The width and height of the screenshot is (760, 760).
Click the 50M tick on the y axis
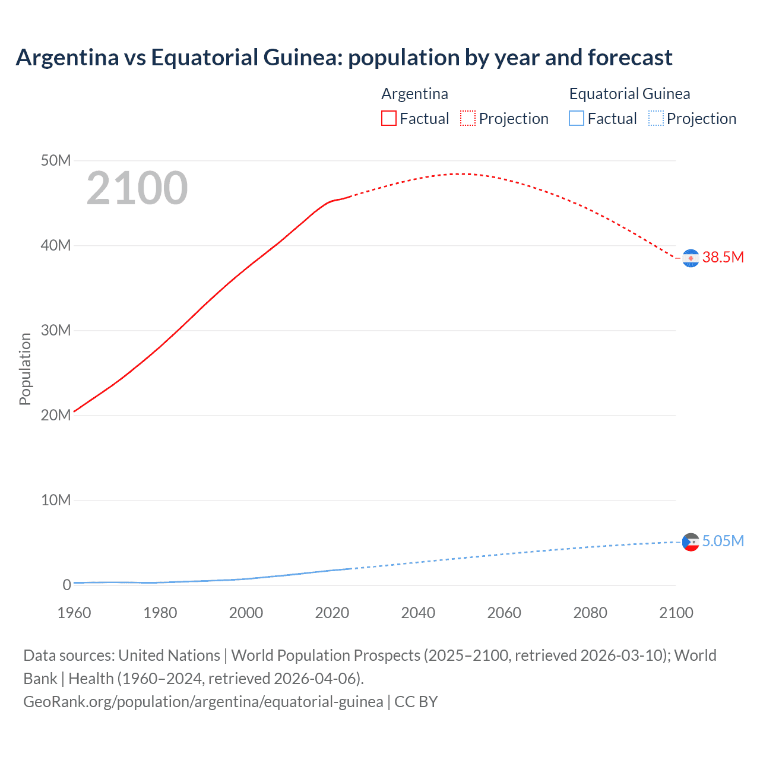(56, 161)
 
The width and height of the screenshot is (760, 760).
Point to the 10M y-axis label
(56, 500)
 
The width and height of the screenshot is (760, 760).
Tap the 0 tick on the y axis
(66, 585)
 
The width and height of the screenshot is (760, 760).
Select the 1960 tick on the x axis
(74, 613)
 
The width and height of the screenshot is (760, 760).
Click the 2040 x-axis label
(418, 613)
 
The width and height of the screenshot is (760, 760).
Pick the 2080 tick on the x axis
(590, 613)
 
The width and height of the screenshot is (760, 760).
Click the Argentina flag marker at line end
(691, 258)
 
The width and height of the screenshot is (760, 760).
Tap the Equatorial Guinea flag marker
(691, 541)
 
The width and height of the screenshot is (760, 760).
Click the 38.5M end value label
(723, 257)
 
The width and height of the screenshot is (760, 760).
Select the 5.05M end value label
(723, 541)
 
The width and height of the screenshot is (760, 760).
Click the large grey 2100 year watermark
(137, 188)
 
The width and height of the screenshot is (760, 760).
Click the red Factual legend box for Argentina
(389, 118)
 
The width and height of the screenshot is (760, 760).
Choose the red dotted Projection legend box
(468, 118)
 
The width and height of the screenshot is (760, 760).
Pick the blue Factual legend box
(577, 118)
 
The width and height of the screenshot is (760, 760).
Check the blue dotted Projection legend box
(655, 118)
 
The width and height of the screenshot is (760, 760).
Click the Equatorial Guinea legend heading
(629, 94)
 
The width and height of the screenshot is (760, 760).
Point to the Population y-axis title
(25, 369)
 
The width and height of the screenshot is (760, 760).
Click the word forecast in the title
(630, 58)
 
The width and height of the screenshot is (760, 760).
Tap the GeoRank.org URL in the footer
(203, 702)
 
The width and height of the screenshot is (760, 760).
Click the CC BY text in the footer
(416, 702)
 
